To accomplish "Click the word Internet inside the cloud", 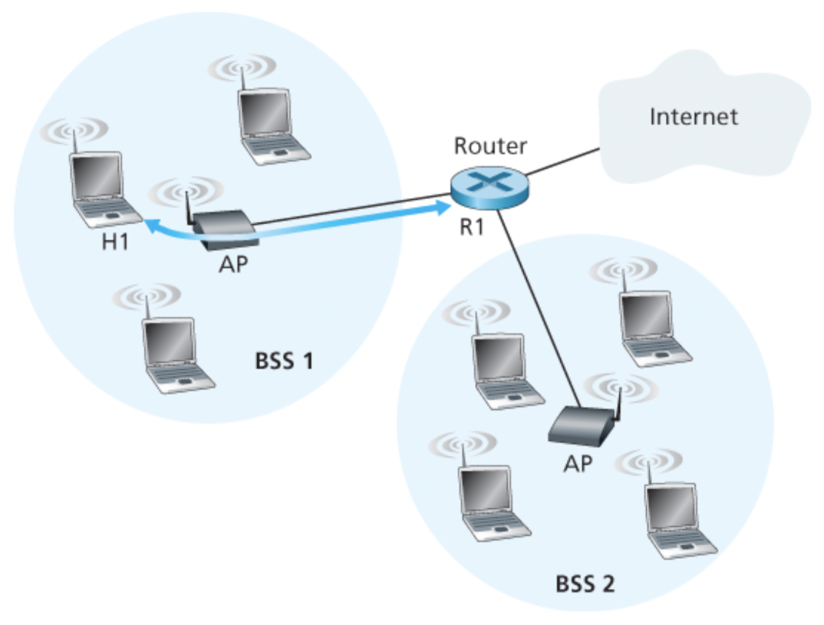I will click(694, 117).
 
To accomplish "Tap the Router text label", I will click(490, 145).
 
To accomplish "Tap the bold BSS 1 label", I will click(284, 360).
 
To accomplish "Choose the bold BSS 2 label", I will click(585, 585).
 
